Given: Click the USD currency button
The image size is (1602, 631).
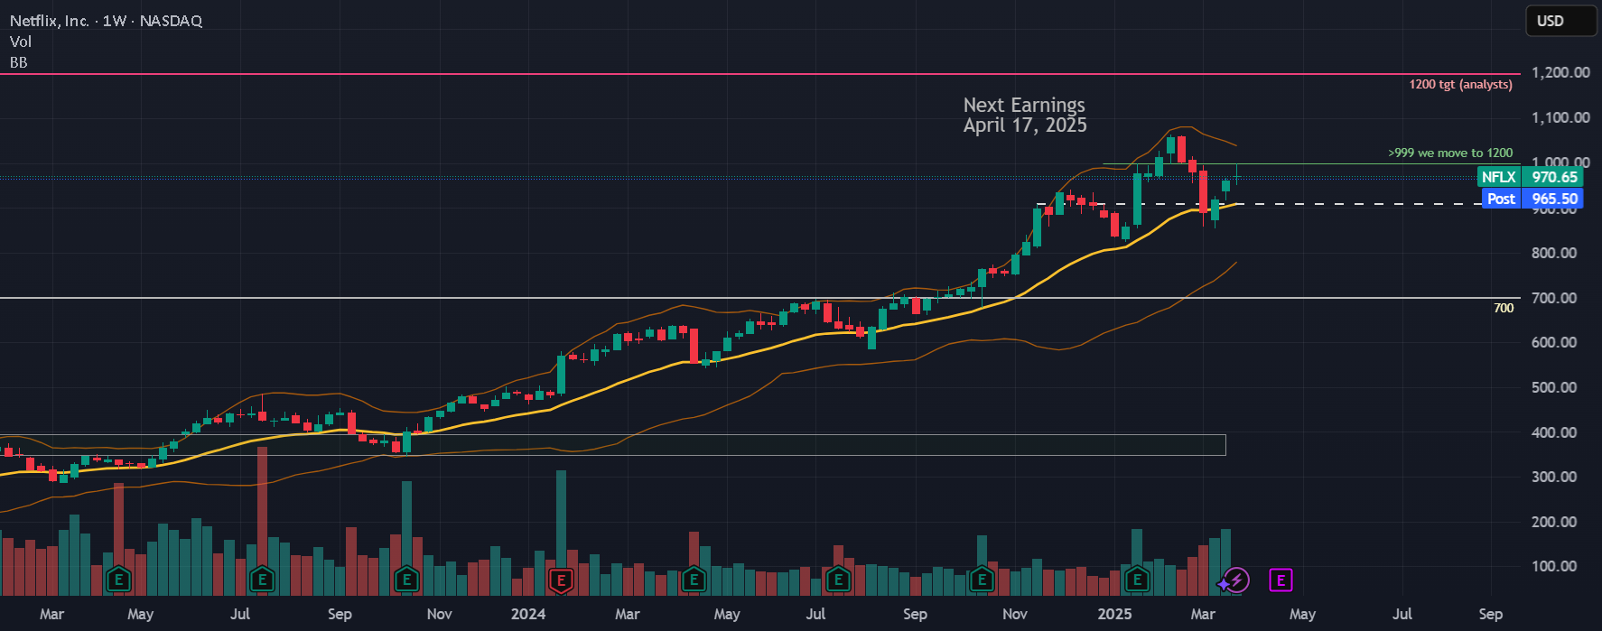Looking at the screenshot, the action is coord(1560,21).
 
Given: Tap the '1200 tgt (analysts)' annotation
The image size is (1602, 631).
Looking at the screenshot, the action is coord(1460,84).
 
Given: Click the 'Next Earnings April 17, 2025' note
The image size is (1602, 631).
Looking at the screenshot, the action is coord(1025,116).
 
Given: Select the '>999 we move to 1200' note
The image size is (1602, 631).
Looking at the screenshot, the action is coord(1450,153).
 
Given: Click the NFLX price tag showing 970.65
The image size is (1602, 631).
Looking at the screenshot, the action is coord(1530,177).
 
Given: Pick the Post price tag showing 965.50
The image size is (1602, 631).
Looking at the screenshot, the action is coord(1532,199).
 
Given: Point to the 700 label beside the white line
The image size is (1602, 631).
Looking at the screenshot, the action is coord(1504,308).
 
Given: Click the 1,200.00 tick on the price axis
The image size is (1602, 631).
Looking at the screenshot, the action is coord(1560,72).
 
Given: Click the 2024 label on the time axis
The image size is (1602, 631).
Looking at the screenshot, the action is coord(528,614).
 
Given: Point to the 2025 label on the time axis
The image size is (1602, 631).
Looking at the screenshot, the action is coord(1114,614).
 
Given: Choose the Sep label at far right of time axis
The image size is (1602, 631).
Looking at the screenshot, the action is coord(1491,614).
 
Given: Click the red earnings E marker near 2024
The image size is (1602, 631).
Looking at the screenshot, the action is coord(561,580).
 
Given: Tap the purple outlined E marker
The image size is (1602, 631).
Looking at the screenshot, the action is coord(1281,580).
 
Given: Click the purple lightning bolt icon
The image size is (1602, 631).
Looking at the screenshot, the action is coord(1235,580).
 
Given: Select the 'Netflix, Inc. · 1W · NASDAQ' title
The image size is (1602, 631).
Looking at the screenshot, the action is coord(106,21).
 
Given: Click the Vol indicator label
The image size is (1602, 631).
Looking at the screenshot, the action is coord(20,42).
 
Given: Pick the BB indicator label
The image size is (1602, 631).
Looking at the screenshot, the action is coord(19,62).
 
